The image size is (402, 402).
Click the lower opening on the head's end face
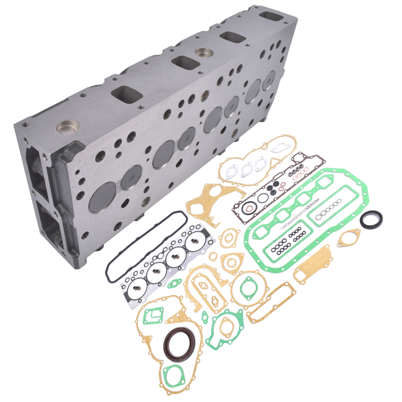coord(49,220)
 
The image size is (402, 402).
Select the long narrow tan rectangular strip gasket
coord(271,304)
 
